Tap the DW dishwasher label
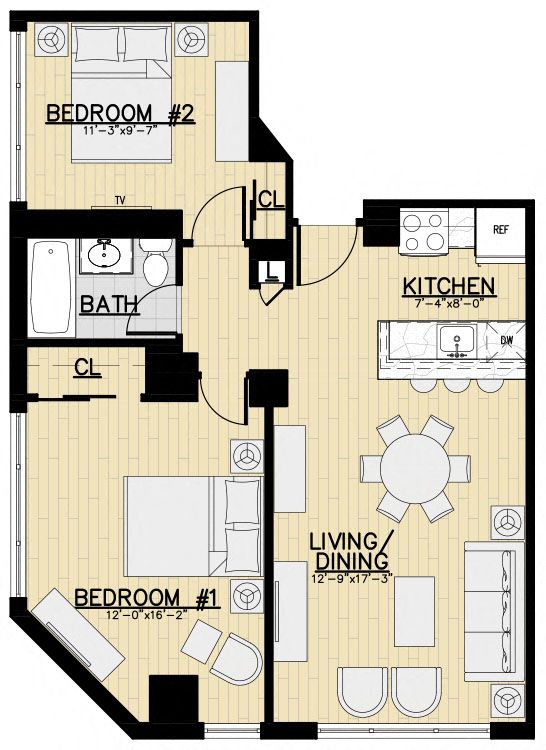506,341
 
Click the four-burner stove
421,233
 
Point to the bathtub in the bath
51,287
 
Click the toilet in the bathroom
156,262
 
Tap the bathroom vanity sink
105,255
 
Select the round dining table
415,468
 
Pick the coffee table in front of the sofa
415,611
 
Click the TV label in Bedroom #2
120,200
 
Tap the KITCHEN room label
448,287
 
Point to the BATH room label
109,305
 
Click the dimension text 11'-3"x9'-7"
120,129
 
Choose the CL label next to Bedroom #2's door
271,199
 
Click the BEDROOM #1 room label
147,598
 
